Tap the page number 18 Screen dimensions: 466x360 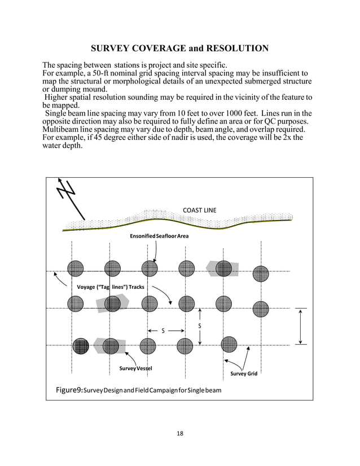pyautogui.click(x=179, y=433)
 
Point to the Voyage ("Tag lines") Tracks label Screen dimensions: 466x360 pyautogui.click(x=107, y=287)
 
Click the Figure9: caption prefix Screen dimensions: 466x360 pyautogui.click(x=69, y=390)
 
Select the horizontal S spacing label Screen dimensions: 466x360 pyautogui.click(x=163, y=331)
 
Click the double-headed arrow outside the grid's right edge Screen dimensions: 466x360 pyautogui.click(x=301, y=326)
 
